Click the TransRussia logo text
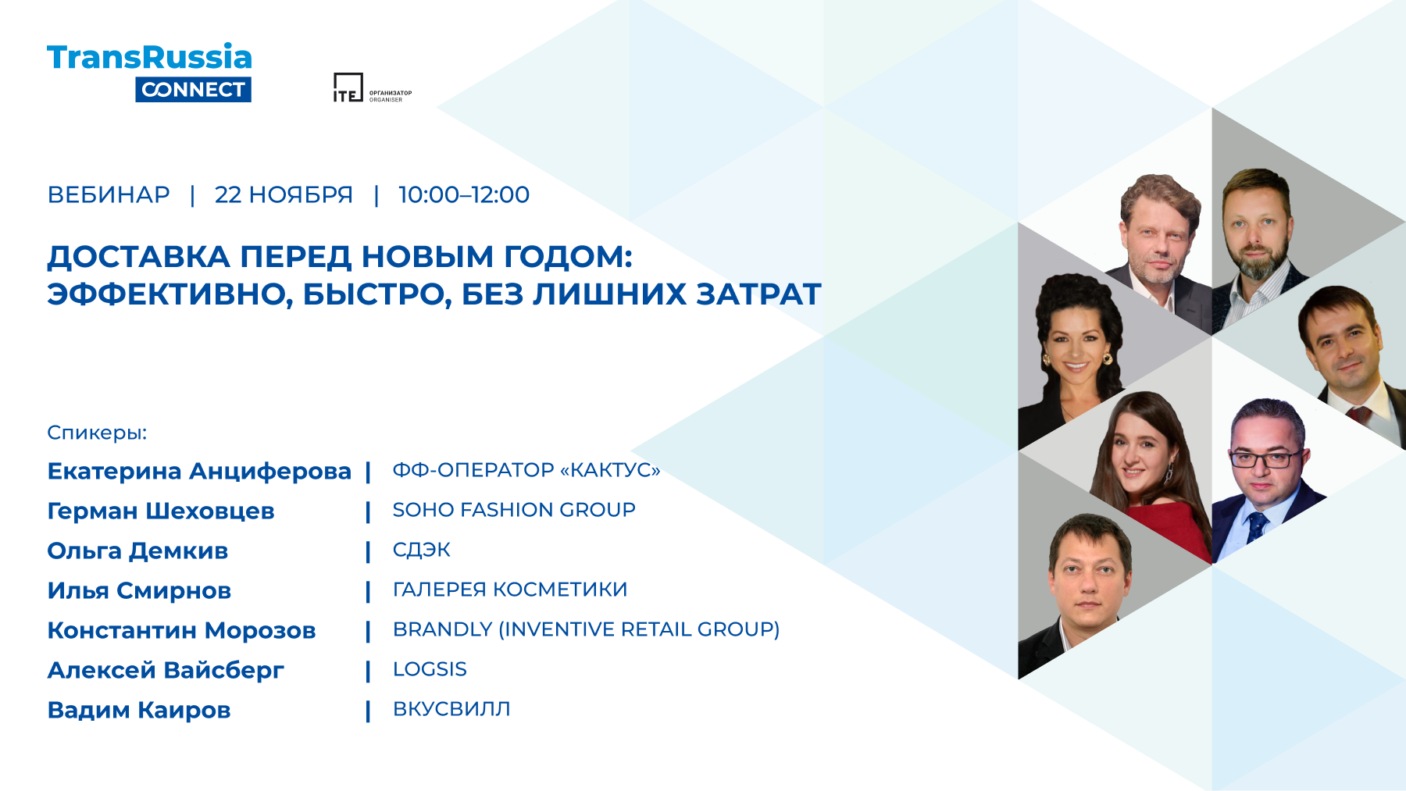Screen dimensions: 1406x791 149,57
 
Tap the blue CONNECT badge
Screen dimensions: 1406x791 193,90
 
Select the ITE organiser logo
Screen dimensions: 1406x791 372,87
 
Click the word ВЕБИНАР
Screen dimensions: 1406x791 109,194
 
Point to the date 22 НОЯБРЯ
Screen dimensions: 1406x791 284,194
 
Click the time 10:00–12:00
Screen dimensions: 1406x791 464,194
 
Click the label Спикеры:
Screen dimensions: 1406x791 97,433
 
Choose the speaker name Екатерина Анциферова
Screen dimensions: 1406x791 199,472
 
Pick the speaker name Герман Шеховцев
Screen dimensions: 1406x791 161,511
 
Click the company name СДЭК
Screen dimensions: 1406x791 422,550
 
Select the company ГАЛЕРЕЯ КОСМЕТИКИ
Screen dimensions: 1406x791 510,590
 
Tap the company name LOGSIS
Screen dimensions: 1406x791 430,669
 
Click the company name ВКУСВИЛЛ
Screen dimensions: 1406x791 451,709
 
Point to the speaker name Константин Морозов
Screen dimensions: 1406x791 181,631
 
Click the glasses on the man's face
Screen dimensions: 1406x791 1265,458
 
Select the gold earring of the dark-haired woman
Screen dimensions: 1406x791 1107,358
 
